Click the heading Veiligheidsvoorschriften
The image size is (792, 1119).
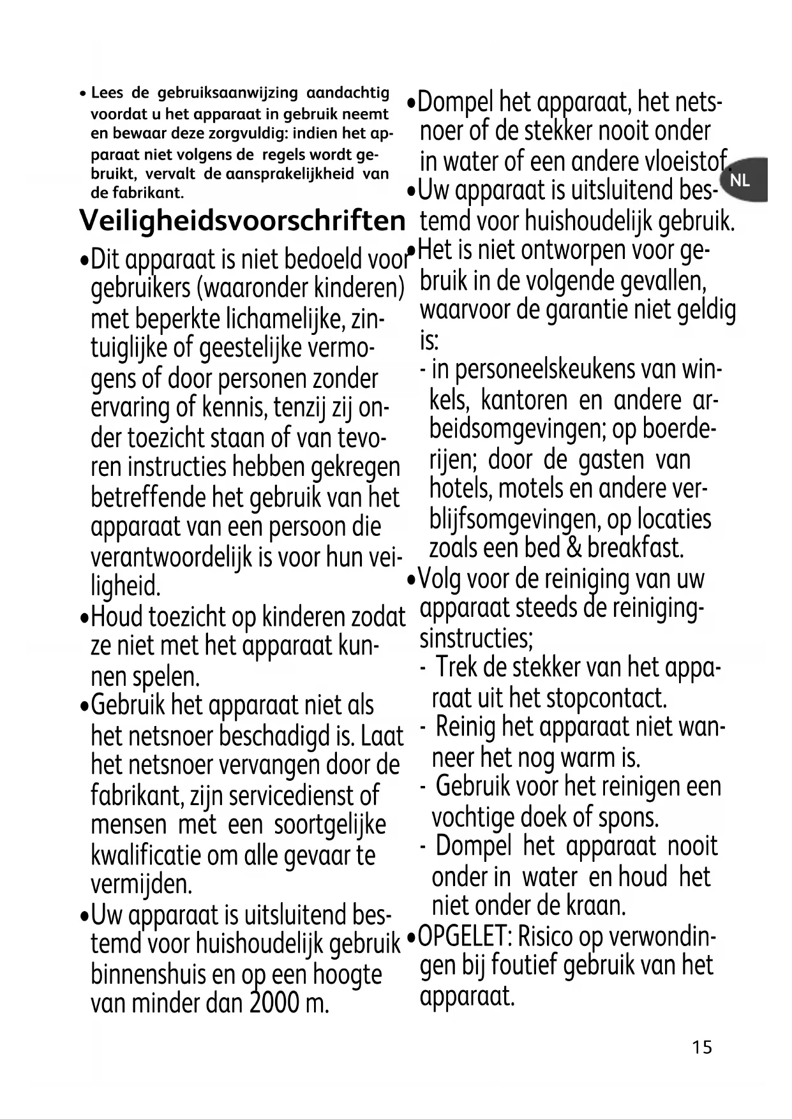tap(242, 221)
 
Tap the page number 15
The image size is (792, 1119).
tap(701, 1048)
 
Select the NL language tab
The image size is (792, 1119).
tap(740, 181)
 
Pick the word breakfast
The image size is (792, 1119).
tap(635, 548)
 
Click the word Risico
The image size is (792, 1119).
tap(546, 937)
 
